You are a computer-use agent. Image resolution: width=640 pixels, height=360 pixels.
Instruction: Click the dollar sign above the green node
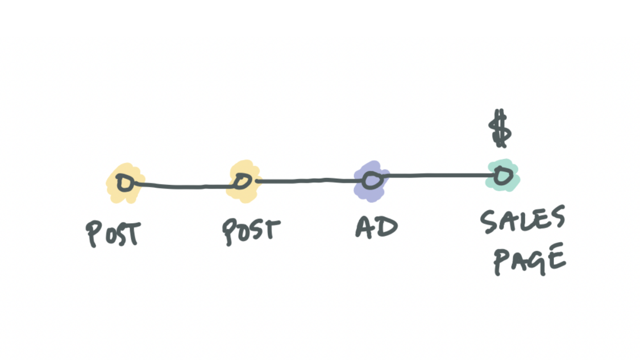coord(500,129)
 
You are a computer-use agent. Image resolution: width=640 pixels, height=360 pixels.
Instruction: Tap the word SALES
coord(522,221)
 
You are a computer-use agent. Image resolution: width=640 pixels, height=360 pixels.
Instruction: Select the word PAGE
coord(530,261)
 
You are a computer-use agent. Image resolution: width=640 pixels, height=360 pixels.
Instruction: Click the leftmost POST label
coord(113,233)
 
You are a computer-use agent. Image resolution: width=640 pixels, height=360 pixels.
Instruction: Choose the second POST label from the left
coord(251,231)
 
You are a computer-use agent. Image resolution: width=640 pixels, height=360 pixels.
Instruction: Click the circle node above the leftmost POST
coord(124,183)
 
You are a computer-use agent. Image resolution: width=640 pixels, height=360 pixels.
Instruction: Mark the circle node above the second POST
coord(241,182)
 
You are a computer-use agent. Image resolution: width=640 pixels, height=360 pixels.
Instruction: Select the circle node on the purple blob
coord(371,181)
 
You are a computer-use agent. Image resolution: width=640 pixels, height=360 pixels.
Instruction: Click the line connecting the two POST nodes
coord(183,186)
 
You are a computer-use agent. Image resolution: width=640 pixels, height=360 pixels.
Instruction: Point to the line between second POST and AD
coord(307,181)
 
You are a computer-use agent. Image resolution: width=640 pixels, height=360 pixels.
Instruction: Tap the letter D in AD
coord(387,227)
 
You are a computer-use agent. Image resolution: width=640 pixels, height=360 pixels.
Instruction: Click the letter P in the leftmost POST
coord(93,234)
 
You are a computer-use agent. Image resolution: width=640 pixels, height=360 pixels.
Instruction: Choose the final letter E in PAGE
coord(558,259)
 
